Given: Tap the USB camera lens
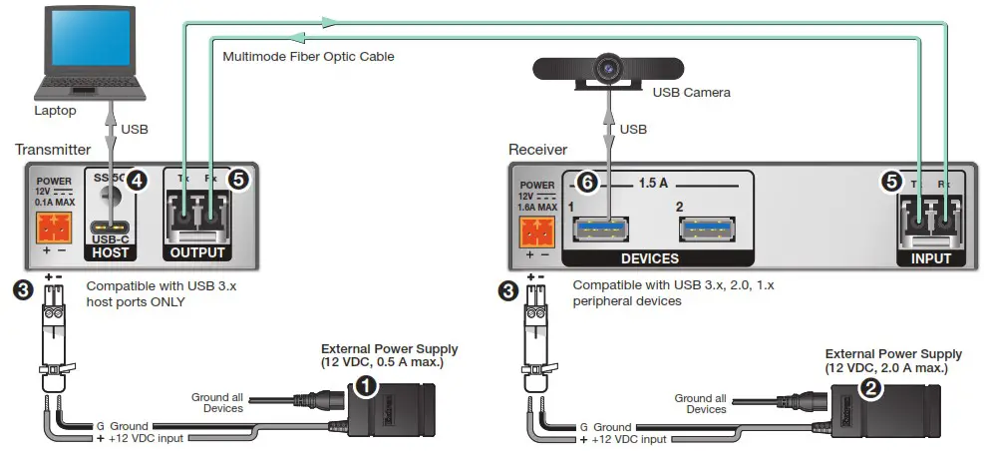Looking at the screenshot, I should pyautogui.click(x=606, y=69).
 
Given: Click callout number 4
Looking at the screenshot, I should pyautogui.click(x=138, y=181).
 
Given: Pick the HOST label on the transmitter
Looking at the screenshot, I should pyautogui.click(x=109, y=255).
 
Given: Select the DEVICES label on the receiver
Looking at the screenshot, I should pyautogui.click(x=650, y=258).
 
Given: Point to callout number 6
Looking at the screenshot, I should pyautogui.click(x=588, y=184).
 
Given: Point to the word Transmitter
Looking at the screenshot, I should pyautogui.click(x=54, y=149).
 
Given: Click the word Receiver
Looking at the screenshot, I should pyautogui.click(x=537, y=149).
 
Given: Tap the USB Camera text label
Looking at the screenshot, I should pyautogui.click(x=691, y=92).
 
